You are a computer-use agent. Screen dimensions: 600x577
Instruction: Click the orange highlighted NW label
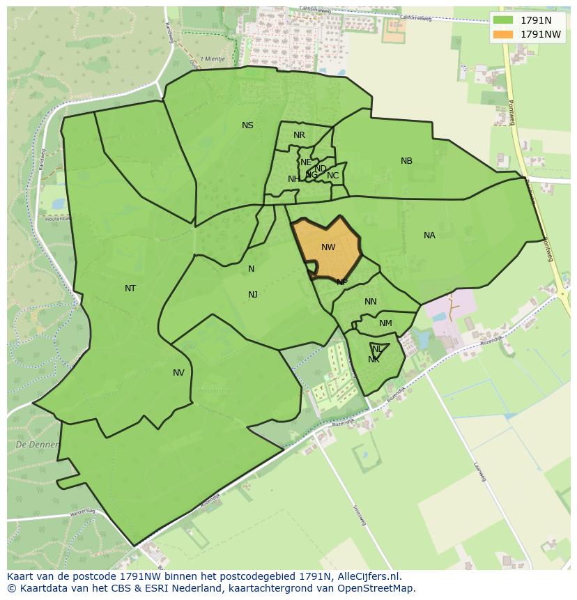click(x=328, y=247)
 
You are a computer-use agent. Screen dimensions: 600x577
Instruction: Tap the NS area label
click(x=247, y=125)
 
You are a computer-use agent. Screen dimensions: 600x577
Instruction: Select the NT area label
click(x=130, y=288)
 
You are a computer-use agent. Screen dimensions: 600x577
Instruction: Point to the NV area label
click(x=178, y=373)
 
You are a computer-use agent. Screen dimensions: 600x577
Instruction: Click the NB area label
click(x=406, y=161)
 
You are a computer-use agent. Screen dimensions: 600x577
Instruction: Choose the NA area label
click(x=429, y=236)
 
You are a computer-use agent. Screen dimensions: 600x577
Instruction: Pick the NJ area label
click(x=253, y=295)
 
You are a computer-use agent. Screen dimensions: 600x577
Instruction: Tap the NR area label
click(x=299, y=135)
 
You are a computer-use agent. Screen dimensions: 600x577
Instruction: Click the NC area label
click(x=332, y=176)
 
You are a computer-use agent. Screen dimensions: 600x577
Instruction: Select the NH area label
click(x=293, y=179)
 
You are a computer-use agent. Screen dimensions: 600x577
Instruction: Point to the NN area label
click(x=370, y=302)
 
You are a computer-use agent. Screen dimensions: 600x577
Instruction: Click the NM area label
click(x=385, y=323)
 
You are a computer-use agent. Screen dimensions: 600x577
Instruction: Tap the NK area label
click(x=374, y=360)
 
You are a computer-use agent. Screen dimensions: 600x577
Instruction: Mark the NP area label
click(x=341, y=282)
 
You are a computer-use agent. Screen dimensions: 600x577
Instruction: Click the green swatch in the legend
click(x=502, y=20)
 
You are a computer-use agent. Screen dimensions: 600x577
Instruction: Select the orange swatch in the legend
click(x=502, y=34)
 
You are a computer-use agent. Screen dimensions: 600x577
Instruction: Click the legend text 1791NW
click(x=541, y=34)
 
